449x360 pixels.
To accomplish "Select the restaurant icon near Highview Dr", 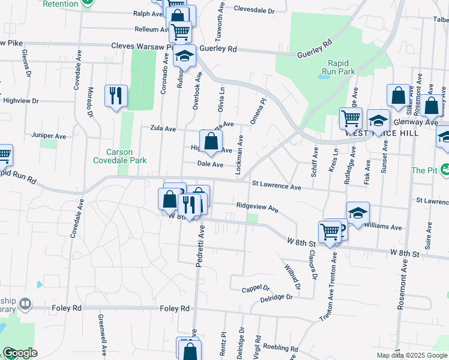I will click(x=116, y=96).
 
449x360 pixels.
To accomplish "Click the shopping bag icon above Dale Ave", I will click(x=211, y=142).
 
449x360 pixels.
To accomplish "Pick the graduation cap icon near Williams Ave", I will click(x=358, y=214).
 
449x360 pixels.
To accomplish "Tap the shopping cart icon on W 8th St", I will click(x=330, y=232).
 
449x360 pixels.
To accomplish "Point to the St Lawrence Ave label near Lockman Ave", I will click(x=276, y=187).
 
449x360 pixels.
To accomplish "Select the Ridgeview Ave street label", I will click(x=257, y=208).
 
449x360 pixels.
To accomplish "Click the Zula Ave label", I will click(x=163, y=128).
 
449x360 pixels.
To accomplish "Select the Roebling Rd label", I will click(x=277, y=348).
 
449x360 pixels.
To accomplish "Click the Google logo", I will click(x=19, y=353).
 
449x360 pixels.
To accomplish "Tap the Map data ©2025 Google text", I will click(x=412, y=355).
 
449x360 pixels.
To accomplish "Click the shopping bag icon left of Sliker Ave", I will click(x=398, y=95).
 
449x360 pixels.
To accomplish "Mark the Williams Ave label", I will click(x=387, y=227).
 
